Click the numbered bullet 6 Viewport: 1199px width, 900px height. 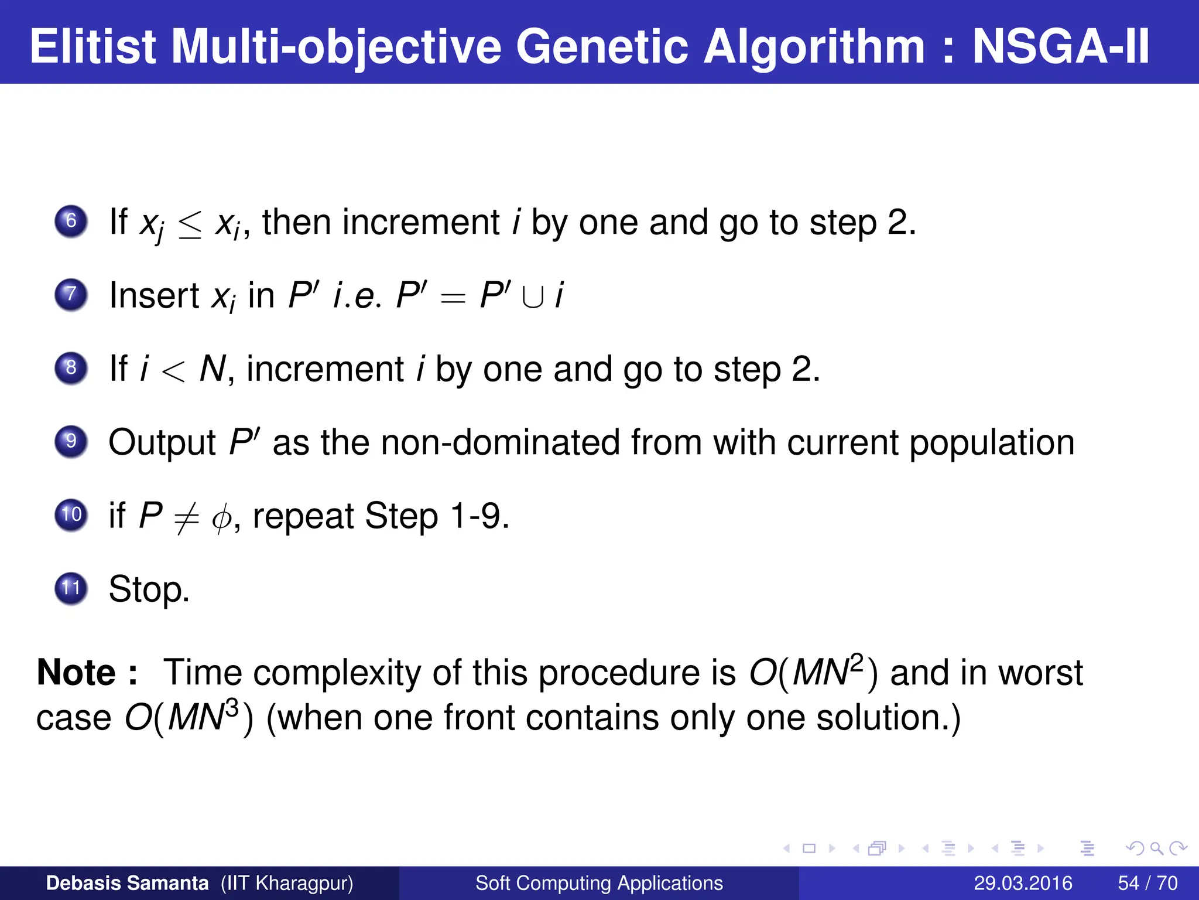[x=71, y=221]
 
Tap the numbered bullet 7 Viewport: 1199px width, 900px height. [x=71, y=295]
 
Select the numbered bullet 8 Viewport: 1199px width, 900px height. [x=71, y=369]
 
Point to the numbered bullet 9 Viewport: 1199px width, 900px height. [x=71, y=441]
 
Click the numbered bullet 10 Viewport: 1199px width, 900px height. [x=71, y=515]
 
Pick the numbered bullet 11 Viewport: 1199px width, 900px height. [x=71, y=588]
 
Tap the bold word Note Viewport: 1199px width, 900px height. [x=76, y=672]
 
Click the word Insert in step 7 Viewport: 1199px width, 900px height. [x=155, y=295]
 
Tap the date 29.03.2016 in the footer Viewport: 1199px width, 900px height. [x=1023, y=883]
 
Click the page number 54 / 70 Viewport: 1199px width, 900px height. [x=1147, y=883]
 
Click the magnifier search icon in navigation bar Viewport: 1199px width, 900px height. [x=1156, y=848]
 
